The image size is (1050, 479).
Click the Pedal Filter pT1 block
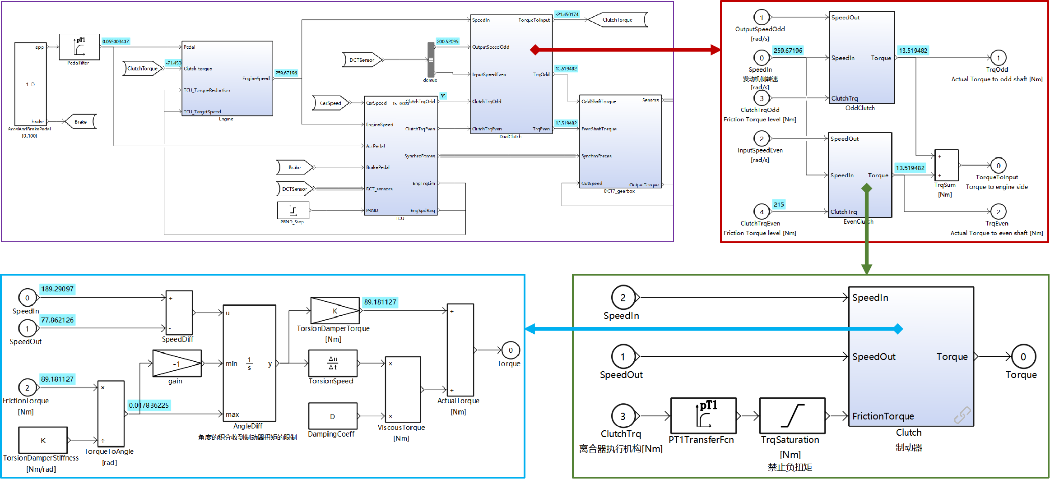pyautogui.click(x=79, y=46)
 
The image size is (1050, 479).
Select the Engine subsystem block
pyautogui.click(x=227, y=78)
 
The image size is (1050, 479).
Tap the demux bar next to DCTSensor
pyautogui.click(x=431, y=60)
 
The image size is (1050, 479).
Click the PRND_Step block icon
pyautogui.click(x=293, y=210)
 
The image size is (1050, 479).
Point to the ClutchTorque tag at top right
pyautogui.click(x=618, y=20)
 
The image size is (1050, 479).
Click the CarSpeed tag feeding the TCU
pyautogui.click(x=331, y=103)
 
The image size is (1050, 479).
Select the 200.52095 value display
pyautogui.click(x=447, y=41)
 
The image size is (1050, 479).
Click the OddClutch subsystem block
pyautogui.click(x=861, y=57)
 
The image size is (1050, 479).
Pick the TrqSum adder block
pyautogui.click(x=946, y=166)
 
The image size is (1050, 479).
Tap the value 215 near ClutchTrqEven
pyautogui.click(x=779, y=204)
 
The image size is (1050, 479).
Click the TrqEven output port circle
pyautogui.click(x=998, y=212)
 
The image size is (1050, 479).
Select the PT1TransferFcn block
pyautogui.click(x=703, y=415)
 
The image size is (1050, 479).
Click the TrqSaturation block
pyautogui.click(x=792, y=415)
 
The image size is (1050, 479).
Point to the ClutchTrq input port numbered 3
pyautogui.click(x=623, y=416)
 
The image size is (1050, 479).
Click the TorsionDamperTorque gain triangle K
pyautogui.click(x=335, y=311)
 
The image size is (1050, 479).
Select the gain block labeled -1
pyautogui.click(x=177, y=364)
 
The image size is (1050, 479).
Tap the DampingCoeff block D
pyautogui.click(x=333, y=416)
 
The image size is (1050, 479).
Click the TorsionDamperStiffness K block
pyautogui.click(x=43, y=440)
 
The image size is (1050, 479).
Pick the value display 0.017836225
pyautogui.click(x=149, y=405)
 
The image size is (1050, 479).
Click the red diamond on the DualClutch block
pyautogui.click(x=535, y=50)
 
